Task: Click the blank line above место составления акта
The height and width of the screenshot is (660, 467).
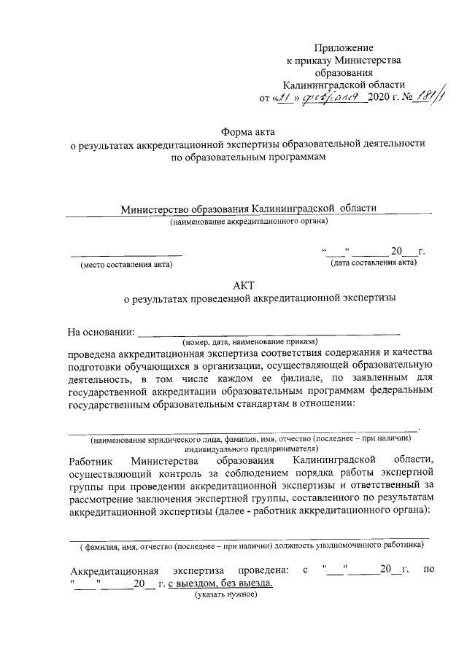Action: [126, 255]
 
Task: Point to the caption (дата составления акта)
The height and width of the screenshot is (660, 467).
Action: [373, 263]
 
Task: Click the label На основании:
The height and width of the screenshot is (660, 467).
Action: [101, 333]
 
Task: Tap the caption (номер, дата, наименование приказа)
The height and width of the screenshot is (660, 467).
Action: [249, 341]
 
